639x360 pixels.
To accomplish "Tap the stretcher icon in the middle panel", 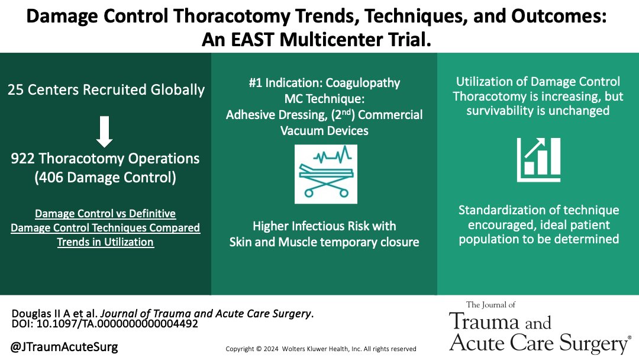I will coord(324,172).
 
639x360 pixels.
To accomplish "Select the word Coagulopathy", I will coord(364,83).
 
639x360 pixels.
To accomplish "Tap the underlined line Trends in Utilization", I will coord(105,242).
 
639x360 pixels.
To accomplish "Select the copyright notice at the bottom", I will coord(321,349).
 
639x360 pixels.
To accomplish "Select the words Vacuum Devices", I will coord(324,130).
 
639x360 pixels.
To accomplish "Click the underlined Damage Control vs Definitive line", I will coord(105,213).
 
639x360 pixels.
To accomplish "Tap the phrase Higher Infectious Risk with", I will coord(324,226).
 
